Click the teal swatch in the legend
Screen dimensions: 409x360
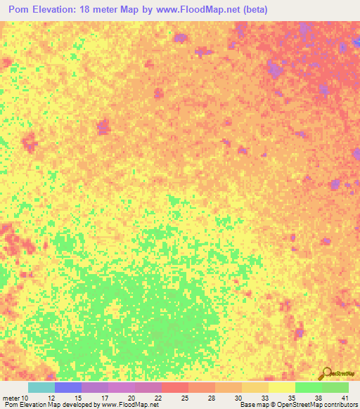click(x=41, y=387)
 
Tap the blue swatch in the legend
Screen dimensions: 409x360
click(x=68, y=387)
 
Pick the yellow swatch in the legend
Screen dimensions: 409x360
click(x=282, y=387)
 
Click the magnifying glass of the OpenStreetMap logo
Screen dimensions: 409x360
click(x=326, y=372)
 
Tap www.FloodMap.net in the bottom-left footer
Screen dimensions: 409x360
click(x=130, y=405)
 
